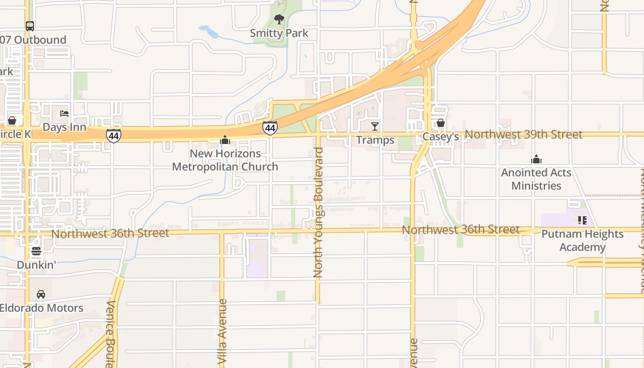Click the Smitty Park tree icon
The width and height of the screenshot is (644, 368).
[x=279, y=19]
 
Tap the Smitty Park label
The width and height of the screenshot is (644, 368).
[x=279, y=33]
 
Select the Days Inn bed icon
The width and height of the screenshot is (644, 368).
[x=64, y=114]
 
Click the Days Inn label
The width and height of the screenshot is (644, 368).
[x=64, y=127]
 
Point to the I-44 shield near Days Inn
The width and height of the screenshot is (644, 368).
[x=113, y=136]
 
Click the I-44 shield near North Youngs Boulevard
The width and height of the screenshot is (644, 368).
[x=270, y=128]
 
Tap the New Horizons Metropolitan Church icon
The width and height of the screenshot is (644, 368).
[x=225, y=140]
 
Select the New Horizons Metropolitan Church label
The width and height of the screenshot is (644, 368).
[x=225, y=160]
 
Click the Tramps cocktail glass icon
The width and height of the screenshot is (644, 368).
[x=375, y=126]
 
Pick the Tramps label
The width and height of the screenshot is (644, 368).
[x=375, y=140]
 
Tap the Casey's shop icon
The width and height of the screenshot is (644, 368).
[x=440, y=123]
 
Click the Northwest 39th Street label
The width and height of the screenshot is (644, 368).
[x=523, y=134]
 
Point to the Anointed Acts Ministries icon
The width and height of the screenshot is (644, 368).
[x=536, y=160]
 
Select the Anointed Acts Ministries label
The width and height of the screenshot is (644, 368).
[x=536, y=179]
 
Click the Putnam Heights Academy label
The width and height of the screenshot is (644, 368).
[x=582, y=241]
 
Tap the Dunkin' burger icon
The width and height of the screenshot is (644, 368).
[x=36, y=251]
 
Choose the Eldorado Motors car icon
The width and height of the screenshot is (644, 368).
[x=41, y=294]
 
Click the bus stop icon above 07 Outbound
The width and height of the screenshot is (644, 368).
[x=30, y=26]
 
